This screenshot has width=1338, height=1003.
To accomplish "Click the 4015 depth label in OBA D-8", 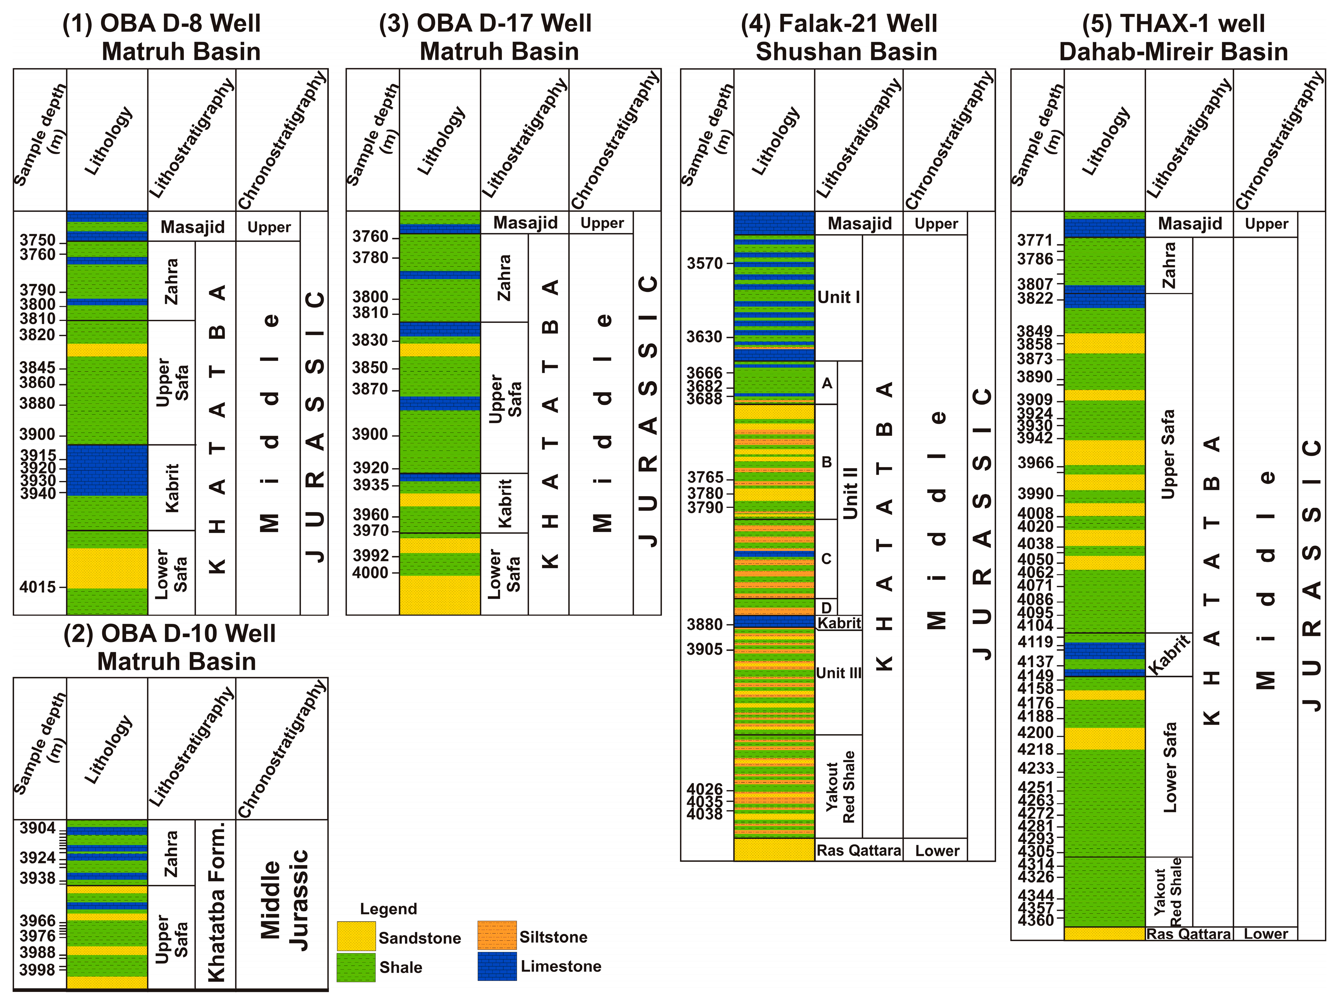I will [38, 586].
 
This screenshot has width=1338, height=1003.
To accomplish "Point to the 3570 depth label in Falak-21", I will [705, 263].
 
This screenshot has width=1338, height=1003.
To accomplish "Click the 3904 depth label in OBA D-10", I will [38, 827].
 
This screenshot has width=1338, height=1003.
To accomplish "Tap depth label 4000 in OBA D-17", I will [370, 572].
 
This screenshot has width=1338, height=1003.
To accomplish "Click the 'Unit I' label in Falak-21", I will [838, 297].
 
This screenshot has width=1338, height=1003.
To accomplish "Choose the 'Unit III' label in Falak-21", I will [838, 672].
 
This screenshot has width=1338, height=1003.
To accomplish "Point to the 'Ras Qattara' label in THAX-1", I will [1189, 934].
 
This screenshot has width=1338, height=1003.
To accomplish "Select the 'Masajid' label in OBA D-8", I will [192, 227].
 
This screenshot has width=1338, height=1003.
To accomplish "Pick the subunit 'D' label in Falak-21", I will [826, 607].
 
